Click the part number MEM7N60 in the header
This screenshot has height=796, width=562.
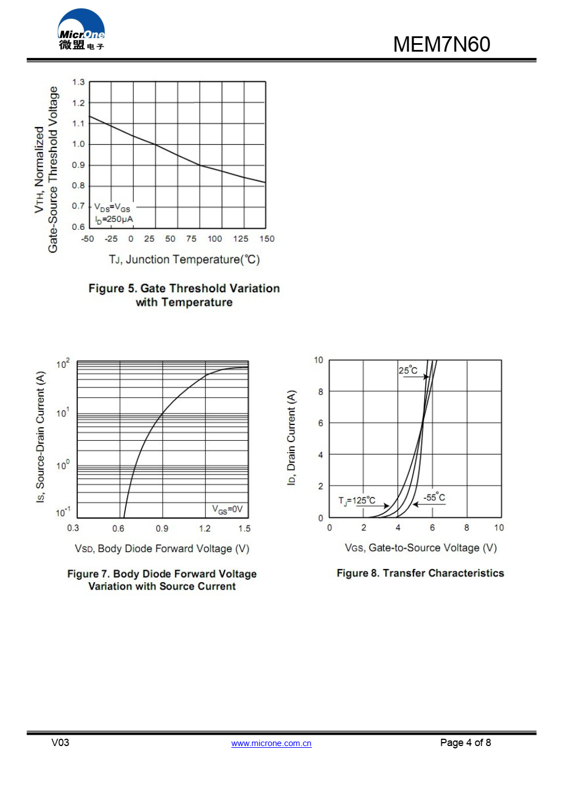coord(441,44)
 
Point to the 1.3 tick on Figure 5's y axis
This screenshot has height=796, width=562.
coord(78,82)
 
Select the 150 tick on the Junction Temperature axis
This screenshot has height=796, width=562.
coord(267,239)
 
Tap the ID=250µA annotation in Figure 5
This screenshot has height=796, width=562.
coord(114,220)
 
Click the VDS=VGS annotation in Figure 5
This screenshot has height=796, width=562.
coord(112,208)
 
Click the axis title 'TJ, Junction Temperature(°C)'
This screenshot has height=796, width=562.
coord(184,259)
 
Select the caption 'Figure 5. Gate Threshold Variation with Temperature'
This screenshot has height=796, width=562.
coord(184,295)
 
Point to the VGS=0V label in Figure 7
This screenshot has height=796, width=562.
coord(227,509)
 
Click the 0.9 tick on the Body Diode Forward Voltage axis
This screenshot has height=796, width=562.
coord(162,528)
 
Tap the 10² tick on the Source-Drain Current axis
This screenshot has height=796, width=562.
coord(63,364)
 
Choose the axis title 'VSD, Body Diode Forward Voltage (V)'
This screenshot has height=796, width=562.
coord(162,549)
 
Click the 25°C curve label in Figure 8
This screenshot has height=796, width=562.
coord(408,370)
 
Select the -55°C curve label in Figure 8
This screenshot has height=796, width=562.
coord(434,498)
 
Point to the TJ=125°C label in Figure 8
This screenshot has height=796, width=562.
coord(357,500)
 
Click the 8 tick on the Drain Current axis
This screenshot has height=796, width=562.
coord(320,391)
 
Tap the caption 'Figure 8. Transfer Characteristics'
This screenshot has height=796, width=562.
coord(420,573)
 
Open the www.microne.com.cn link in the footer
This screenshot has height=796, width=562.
coord(271,743)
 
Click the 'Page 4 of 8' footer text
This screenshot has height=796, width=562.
coord(466,743)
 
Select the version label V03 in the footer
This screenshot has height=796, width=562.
coord(60,743)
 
